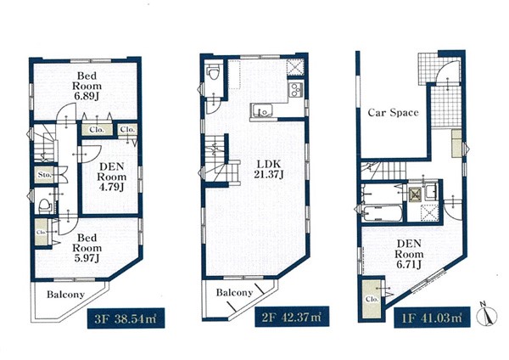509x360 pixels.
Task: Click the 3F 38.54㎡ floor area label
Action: (x=126, y=318)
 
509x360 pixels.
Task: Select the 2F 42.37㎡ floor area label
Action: (x=292, y=316)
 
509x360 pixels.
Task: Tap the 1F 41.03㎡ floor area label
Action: (x=432, y=317)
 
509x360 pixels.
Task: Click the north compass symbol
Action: (x=487, y=314)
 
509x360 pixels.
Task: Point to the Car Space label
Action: (x=393, y=113)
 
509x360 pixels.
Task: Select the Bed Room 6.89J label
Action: (x=87, y=86)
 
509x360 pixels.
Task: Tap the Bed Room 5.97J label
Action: (x=87, y=248)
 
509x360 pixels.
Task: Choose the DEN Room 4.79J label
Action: (x=112, y=177)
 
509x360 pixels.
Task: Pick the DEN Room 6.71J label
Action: (x=409, y=254)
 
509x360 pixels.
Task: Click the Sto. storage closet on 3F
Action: (x=45, y=175)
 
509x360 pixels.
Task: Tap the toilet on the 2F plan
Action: (x=214, y=71)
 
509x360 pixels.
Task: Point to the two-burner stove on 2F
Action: (x=296, y=89)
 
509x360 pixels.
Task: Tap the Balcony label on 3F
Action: (x=65, y=295)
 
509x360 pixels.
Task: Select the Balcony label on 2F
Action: (x=234, y=293)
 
